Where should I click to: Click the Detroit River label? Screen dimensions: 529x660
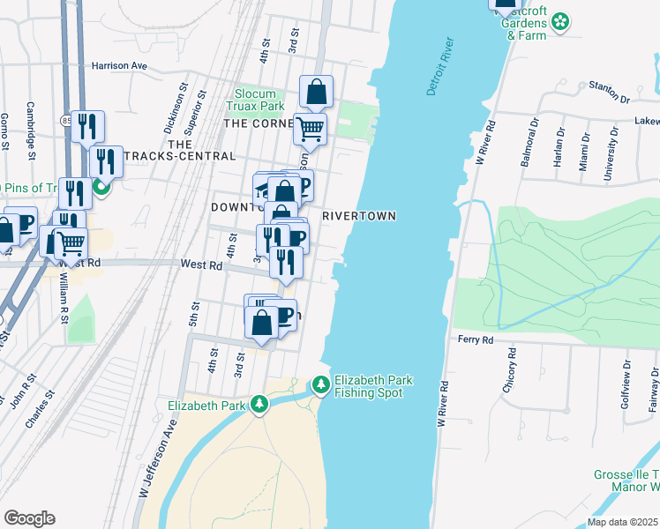pyautogui.click(x=439, y=66)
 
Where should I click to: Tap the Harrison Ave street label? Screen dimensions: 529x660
pyautogui.click(x=118, y=65)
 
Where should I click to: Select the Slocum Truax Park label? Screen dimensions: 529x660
pyautogui.click(x=259, y=100)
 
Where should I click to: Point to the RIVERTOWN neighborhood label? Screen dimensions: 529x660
pyautogui.click(x=358, y=216)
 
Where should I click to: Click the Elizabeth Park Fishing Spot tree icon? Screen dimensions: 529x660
pyautogui.click(x=320, y=386)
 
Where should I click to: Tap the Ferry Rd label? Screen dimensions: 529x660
pyautogui.click(x=474, y=339)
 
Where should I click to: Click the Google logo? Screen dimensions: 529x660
pyautogui.click(x=30, y=518)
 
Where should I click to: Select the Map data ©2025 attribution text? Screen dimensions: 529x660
pyautogui.click(x=621, y=522)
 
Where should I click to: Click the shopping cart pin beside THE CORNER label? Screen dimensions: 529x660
pyautogui.click(x=310, y=129)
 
